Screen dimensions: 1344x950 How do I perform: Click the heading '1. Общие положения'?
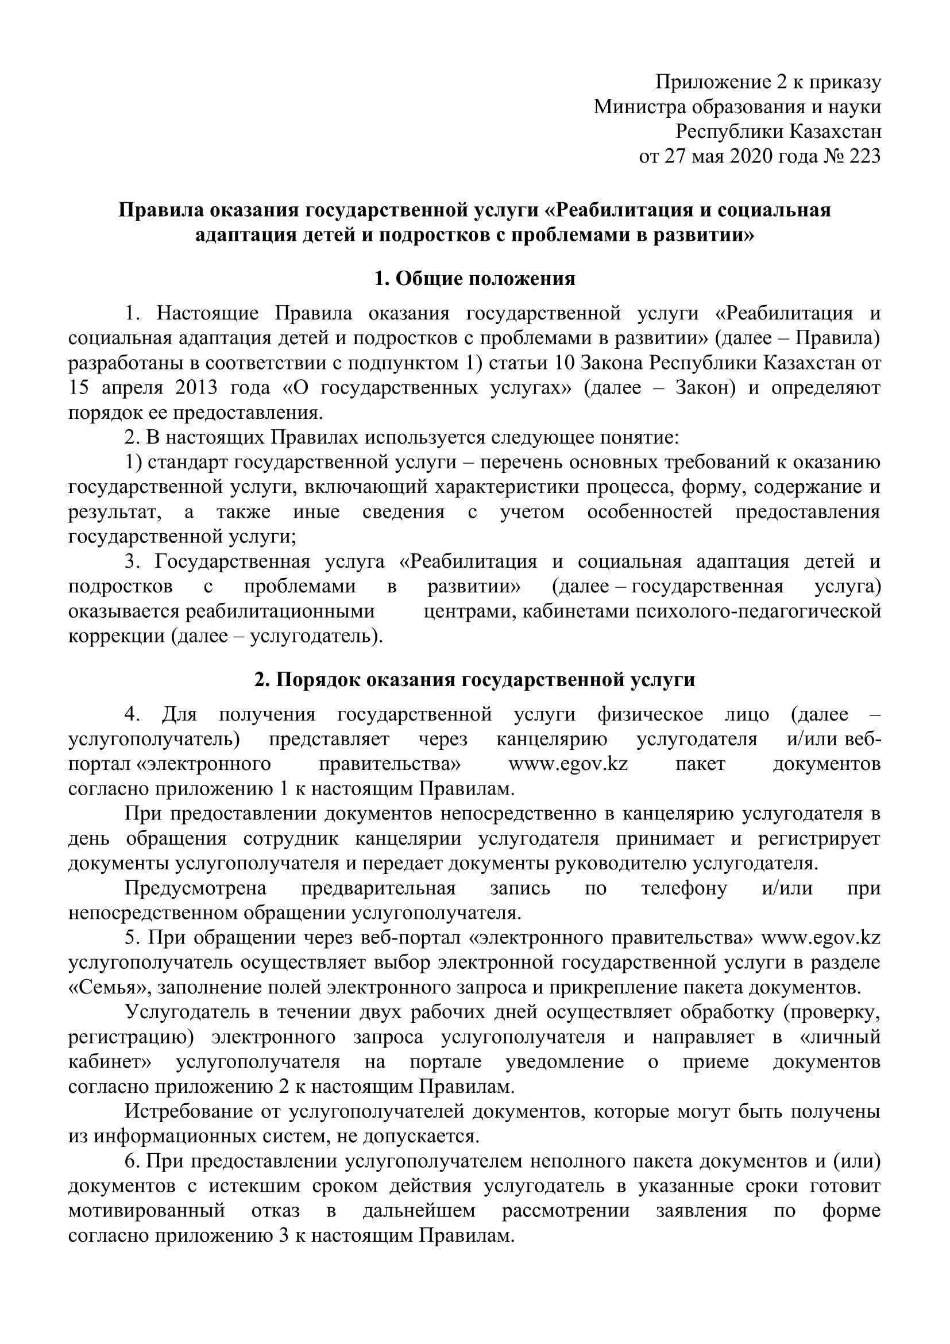click(474, 279)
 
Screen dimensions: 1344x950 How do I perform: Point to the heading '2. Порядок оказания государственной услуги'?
click(474, 680)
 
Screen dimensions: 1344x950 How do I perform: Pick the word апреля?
click(124, 388)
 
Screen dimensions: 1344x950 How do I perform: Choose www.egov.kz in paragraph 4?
click(568, 764)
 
